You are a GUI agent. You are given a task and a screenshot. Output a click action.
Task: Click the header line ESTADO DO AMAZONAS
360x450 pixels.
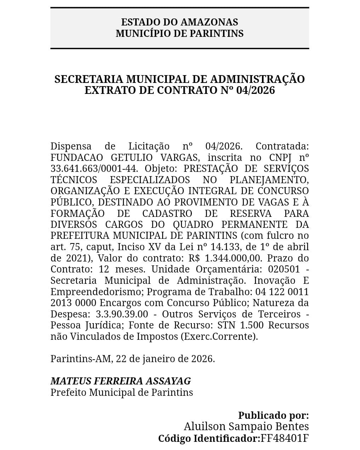pyautogui.click(x=179, y=22)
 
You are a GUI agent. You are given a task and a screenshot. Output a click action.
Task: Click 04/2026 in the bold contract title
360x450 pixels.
pyautogui.click(x=256, y=90)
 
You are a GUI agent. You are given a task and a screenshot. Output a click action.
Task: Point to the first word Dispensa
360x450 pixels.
pyautogui.click(x=71, y=146)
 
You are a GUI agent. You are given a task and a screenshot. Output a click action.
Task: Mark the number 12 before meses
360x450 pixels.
pyautogui.click(x=104, y=269)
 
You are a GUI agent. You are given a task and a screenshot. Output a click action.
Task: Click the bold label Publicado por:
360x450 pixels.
pyautogui.click(x=273, y=415)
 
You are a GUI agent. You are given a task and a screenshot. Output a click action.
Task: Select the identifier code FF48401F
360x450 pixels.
pyautogui.click(x=285, y=438)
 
